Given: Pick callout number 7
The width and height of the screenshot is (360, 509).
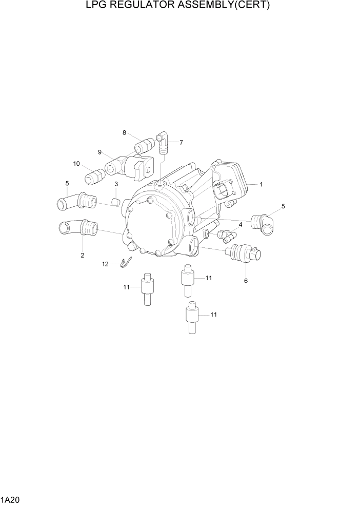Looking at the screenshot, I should coord(181,142).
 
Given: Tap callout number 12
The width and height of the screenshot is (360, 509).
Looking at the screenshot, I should coord(105,264).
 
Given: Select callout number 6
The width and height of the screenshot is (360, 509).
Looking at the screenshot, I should coord(246,281).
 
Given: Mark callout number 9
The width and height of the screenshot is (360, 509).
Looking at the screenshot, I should coord(100,152).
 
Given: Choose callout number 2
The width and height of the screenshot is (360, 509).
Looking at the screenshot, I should coord(82,255).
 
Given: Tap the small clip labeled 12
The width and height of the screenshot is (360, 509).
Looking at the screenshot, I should coord(125,263).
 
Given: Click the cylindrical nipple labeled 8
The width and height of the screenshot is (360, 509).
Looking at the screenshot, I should coord(144,146).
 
